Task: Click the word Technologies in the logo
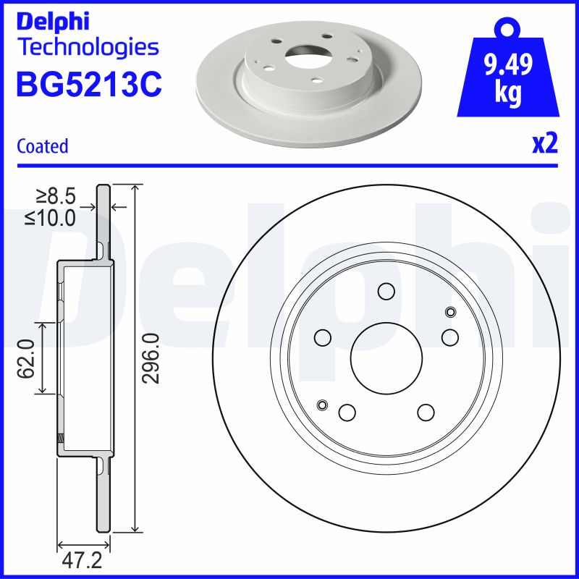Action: pos(88,48)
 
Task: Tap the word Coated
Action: pos(42,146)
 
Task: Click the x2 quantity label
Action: pos(545,144)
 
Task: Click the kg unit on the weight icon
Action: pos(507,95)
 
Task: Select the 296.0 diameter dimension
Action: pos(151,358)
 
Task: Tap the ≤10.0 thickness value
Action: pos(51,217)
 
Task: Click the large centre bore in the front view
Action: pos(386,355)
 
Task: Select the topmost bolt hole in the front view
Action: pos(386,291)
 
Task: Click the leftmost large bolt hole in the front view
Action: pos(323,337)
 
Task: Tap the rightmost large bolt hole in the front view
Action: pos(450,337)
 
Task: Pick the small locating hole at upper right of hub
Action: pos(451,313)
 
